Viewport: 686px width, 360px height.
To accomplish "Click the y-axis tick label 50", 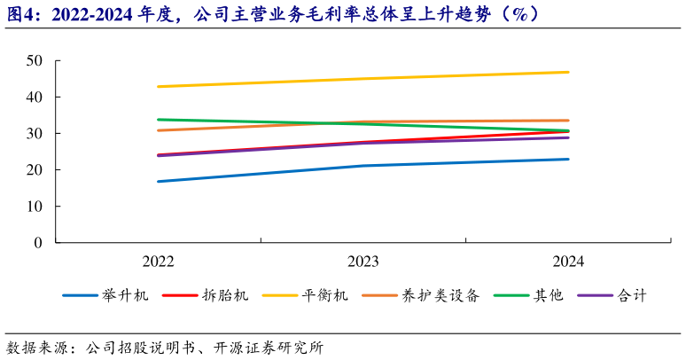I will pyautogui.click(x=35, y=60).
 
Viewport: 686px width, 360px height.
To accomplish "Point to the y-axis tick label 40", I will pyautogui.click(x=35, y=97).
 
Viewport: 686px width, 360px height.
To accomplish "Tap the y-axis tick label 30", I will pyautogui.click(x=35, y=133).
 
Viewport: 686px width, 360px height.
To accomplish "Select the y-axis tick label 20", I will pyautogui.click(x=35, y=169).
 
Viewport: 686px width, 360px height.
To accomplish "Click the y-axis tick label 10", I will pyautogui.click(x=35, y=206).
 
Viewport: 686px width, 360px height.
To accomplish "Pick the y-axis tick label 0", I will pyautogui.click(x=39, y=242).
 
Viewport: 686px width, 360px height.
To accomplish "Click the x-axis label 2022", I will pyautogui.click(x=158, y=262).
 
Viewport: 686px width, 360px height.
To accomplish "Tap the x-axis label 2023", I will pyautogui.click(x=363, y=262).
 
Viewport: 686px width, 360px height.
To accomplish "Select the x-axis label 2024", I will pyautogui.click(x=568, y=262).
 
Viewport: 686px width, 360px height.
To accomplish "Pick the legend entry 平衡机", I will pyautogui.click(x=325, y=295).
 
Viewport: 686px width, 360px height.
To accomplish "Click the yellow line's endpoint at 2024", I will pyautogui.click(x=568, y=72).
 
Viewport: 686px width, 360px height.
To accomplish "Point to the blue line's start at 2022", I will pyautogui.click(x=158, y=181).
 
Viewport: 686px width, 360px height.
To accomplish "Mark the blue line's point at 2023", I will pyautogui.click(x=363, y=166).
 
